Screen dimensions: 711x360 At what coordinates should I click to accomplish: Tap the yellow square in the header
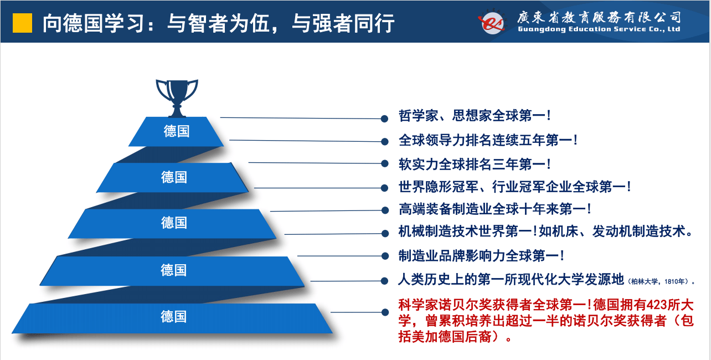(x=22, y=23)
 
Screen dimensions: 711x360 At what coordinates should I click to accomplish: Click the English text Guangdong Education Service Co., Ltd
(x=599, y=29)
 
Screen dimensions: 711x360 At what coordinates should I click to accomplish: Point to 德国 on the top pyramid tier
(x=177, y=131)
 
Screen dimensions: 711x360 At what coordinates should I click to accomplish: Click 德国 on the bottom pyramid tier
(x=173, y=316)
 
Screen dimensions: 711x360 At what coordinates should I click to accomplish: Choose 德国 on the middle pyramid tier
(x=174, y=223)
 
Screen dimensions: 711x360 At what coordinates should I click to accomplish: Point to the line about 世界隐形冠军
(x=515, y=187)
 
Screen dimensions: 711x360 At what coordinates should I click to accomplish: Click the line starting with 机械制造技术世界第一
(x=546, y=232)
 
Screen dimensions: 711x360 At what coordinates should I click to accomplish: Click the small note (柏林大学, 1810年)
(x=660, y=281)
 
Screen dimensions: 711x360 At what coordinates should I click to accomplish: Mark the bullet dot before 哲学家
(x=384, y=119)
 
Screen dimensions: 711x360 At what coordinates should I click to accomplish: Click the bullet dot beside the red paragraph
(x=385, y=312)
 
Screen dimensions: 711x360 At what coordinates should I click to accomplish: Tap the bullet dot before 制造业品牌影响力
(x=385, y=256)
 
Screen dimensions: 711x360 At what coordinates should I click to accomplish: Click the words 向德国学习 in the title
(x=94, y=23)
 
